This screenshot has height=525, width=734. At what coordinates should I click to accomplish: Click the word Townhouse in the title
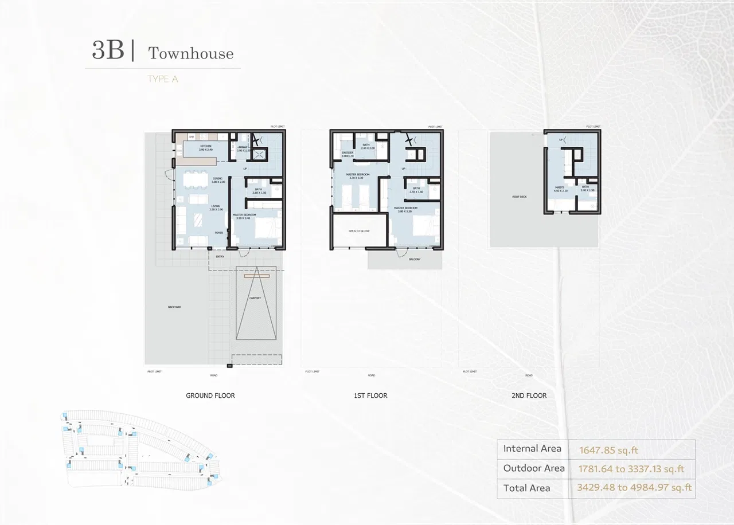pos(191,53)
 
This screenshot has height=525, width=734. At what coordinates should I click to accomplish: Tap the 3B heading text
pos(108,50)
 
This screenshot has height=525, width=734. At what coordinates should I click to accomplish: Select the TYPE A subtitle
pos(162,79)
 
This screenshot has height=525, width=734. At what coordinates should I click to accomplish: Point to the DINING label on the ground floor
pos(218,179)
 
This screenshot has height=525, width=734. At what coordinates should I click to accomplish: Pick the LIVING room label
pos(216,207)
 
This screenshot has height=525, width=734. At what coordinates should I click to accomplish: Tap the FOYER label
pos(219,233)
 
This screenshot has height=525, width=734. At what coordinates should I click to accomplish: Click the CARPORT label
pos(256,298)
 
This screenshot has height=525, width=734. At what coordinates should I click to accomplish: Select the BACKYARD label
pos(175,307)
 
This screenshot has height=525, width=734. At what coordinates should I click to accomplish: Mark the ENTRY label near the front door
pos(220,257)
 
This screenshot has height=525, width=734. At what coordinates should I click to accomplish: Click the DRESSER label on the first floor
pos(348,153)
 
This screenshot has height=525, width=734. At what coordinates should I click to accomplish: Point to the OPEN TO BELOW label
pos(359,231)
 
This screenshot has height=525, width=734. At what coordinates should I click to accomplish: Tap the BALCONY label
pos(415,260)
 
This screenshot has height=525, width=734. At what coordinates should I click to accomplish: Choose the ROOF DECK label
pos(520,197)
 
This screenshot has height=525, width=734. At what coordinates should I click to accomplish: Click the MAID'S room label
pos(560,188)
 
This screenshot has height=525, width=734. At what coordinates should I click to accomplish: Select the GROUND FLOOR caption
pos(210,395)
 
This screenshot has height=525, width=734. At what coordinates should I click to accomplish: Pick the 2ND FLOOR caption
pos(529,395)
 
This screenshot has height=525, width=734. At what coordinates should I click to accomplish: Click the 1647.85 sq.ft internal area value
pos(608,450)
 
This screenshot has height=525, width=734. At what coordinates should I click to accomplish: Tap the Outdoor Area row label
pos(534,468)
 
